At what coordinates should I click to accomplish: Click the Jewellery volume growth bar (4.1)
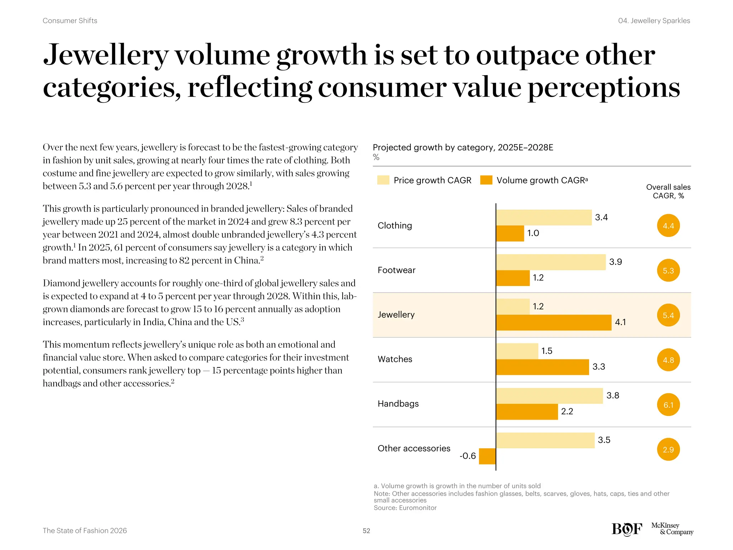(x=553, y=323)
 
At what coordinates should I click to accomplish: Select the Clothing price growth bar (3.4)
(x=544, y=217)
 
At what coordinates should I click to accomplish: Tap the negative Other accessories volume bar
(x=487, y=456)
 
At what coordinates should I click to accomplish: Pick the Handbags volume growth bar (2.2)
(x=527, y=412)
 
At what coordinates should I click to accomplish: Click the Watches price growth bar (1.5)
(x=517, y=351)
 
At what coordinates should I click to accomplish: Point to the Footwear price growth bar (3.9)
(x=551, y=262)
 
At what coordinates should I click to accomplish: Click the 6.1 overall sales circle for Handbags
(x=668, y=405)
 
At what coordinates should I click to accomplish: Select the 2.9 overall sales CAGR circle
(x=668, y=450)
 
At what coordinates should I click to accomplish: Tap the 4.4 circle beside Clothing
(x=668, y=226)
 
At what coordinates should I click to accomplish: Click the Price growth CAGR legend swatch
(x=383, y=180)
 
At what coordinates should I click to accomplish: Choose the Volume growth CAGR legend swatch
(x=486, y=180)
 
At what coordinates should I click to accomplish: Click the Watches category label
(x=395, y=359)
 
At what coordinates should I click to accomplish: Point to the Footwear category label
(x=396, y=270)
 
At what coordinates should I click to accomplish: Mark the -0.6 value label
(x=467, y=456)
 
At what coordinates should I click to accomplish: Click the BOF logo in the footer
(x=627, y=529)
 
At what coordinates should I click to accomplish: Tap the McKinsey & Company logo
(x=672, y=529)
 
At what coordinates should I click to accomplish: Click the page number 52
(x=366, y=531)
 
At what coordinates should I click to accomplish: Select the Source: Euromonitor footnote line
(x=405, y=508)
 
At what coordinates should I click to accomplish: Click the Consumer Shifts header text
(x=70, y=21)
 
